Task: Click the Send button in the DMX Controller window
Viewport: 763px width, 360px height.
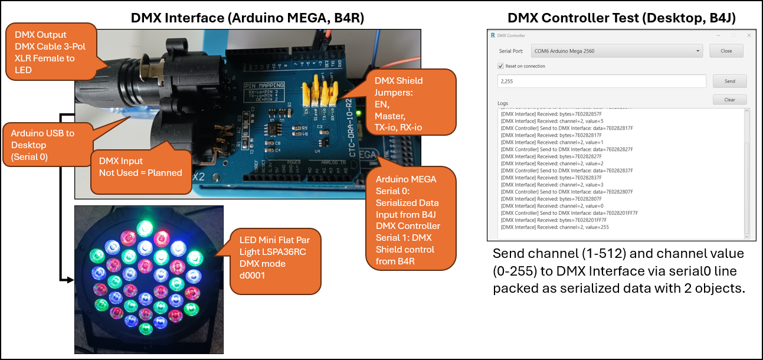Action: click(729, 81)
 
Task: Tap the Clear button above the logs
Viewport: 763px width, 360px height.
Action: click(729, 100)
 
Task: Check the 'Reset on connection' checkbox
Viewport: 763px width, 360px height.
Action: click(501, 66)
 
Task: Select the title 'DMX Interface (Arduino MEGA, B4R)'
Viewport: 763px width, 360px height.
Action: click(247, 18)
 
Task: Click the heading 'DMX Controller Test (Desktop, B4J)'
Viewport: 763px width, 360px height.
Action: click(621, 18)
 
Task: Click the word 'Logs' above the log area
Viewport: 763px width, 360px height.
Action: click(502, 103)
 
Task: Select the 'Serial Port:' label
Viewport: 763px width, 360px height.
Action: click(511, 51)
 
